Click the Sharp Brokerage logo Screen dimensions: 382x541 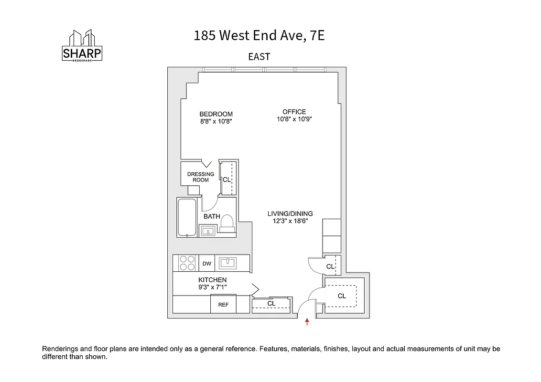(82, 46)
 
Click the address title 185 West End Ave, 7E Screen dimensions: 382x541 (259, 36)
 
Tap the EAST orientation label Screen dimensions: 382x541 (259, 57)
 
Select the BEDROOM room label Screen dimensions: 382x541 (216, 114)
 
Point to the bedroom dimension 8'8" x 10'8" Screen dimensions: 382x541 (216, 122)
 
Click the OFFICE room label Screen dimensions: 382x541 (294, 112)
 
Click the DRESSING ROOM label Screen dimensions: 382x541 (201, 177)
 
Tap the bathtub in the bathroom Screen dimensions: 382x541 (186, 217)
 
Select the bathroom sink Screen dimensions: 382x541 (208, 231)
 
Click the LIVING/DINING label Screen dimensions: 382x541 (290, 214)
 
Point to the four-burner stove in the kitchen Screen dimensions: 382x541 (187, 263)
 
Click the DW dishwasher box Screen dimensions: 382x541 (207, 264)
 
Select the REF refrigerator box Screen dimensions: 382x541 (223, 304)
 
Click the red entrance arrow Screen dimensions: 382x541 (307, 322)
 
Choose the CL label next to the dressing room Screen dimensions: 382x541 (227, 180)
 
